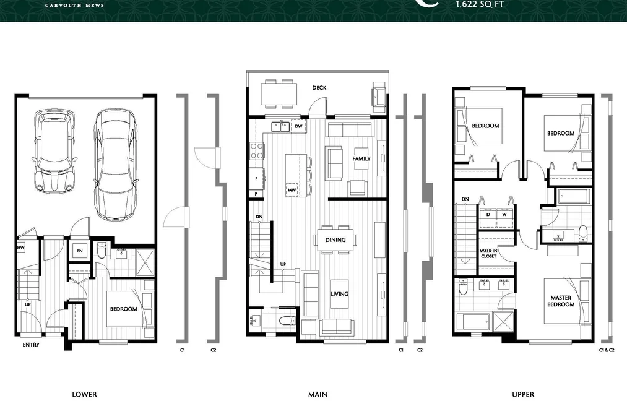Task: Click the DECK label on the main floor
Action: (x=319, y=87)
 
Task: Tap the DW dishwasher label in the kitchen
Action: (x=298, y=126)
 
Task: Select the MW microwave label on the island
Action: (x=292, y=190)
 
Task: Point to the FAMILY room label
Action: (x=361, y=158)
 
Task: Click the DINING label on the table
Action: (x=335, y=239)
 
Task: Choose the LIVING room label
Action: (x=339, y=294)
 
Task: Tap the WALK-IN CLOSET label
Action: (x=488, y=253)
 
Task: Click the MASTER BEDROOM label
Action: (x=561, y=301)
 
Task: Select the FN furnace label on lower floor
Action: (x=80, y=251)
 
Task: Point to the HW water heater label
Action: (x=21, y=248)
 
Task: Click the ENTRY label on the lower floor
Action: (x=31, y=345)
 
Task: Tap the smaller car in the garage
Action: (x=54, y=152)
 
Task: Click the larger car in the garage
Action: (x=116, y=165)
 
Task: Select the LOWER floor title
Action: (x=84, y=394)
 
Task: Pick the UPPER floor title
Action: (x=523, y=394)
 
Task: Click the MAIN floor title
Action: (x=318, y=394)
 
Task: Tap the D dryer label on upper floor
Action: (x=488, y=215)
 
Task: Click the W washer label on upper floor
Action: (x=504, y=215)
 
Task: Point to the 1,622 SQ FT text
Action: (x=480, y=4)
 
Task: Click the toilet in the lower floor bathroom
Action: (x=102, y=251)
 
